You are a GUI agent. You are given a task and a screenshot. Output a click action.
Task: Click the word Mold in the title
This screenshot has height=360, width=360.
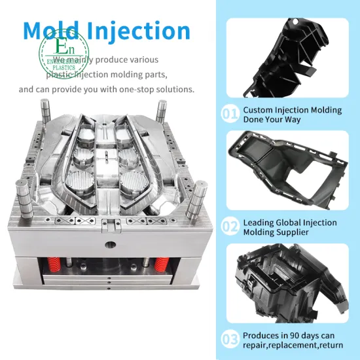(x=54, y=31)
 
